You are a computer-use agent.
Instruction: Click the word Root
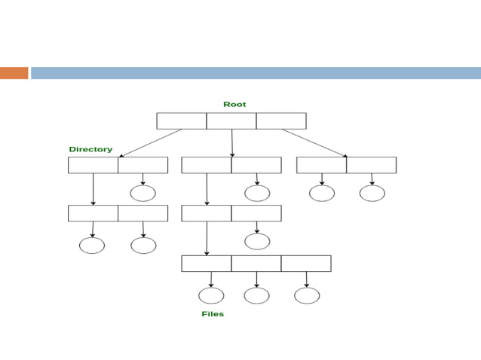pyautogui.click(x=234, y=105)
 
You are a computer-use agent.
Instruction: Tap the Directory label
pyautogui.click(x=90, y=149)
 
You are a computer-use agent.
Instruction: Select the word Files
pyautogui.click(x=213, y=313)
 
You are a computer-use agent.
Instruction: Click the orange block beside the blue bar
pyautogui.click(x=14, y=73)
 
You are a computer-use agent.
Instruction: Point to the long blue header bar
pyautogui.click(x=256, y=73)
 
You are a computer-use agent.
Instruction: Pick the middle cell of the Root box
pyautogui.click(x=231, y=121)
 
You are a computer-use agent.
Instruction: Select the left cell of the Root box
pyautogui.click(x=182, y=121)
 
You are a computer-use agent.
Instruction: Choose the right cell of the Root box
pyautogui.click(x=281, y=121)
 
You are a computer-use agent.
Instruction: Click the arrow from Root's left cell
pyautogui.click(x=151, y=142)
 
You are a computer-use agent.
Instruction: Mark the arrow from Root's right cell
pyautogui.click(x=314, y=142)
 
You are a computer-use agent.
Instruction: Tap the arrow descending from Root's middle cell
pyautogui.click(x=232, y=142)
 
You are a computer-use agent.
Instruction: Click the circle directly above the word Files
pyautogui.click(x=211, y=295)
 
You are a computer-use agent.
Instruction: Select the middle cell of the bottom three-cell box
pyautogui.click(x=256, y=264)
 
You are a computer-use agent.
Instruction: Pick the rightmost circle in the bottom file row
pyautogui.click(x=307, y=295)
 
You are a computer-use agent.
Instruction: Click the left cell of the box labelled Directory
pyautogui.click(x=93, y=165)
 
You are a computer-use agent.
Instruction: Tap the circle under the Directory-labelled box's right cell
pyautogui.click(x=143, y=193)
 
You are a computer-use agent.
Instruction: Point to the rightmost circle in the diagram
pyautogui.click(x=372, y=193)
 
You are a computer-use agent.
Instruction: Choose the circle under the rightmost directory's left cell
pyautogui.click(x=322, y=193)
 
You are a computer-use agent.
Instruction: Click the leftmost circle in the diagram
pyautogui.click(x=92, y=246)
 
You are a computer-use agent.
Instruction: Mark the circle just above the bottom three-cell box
pyautogui.click(x=257, y=241)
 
